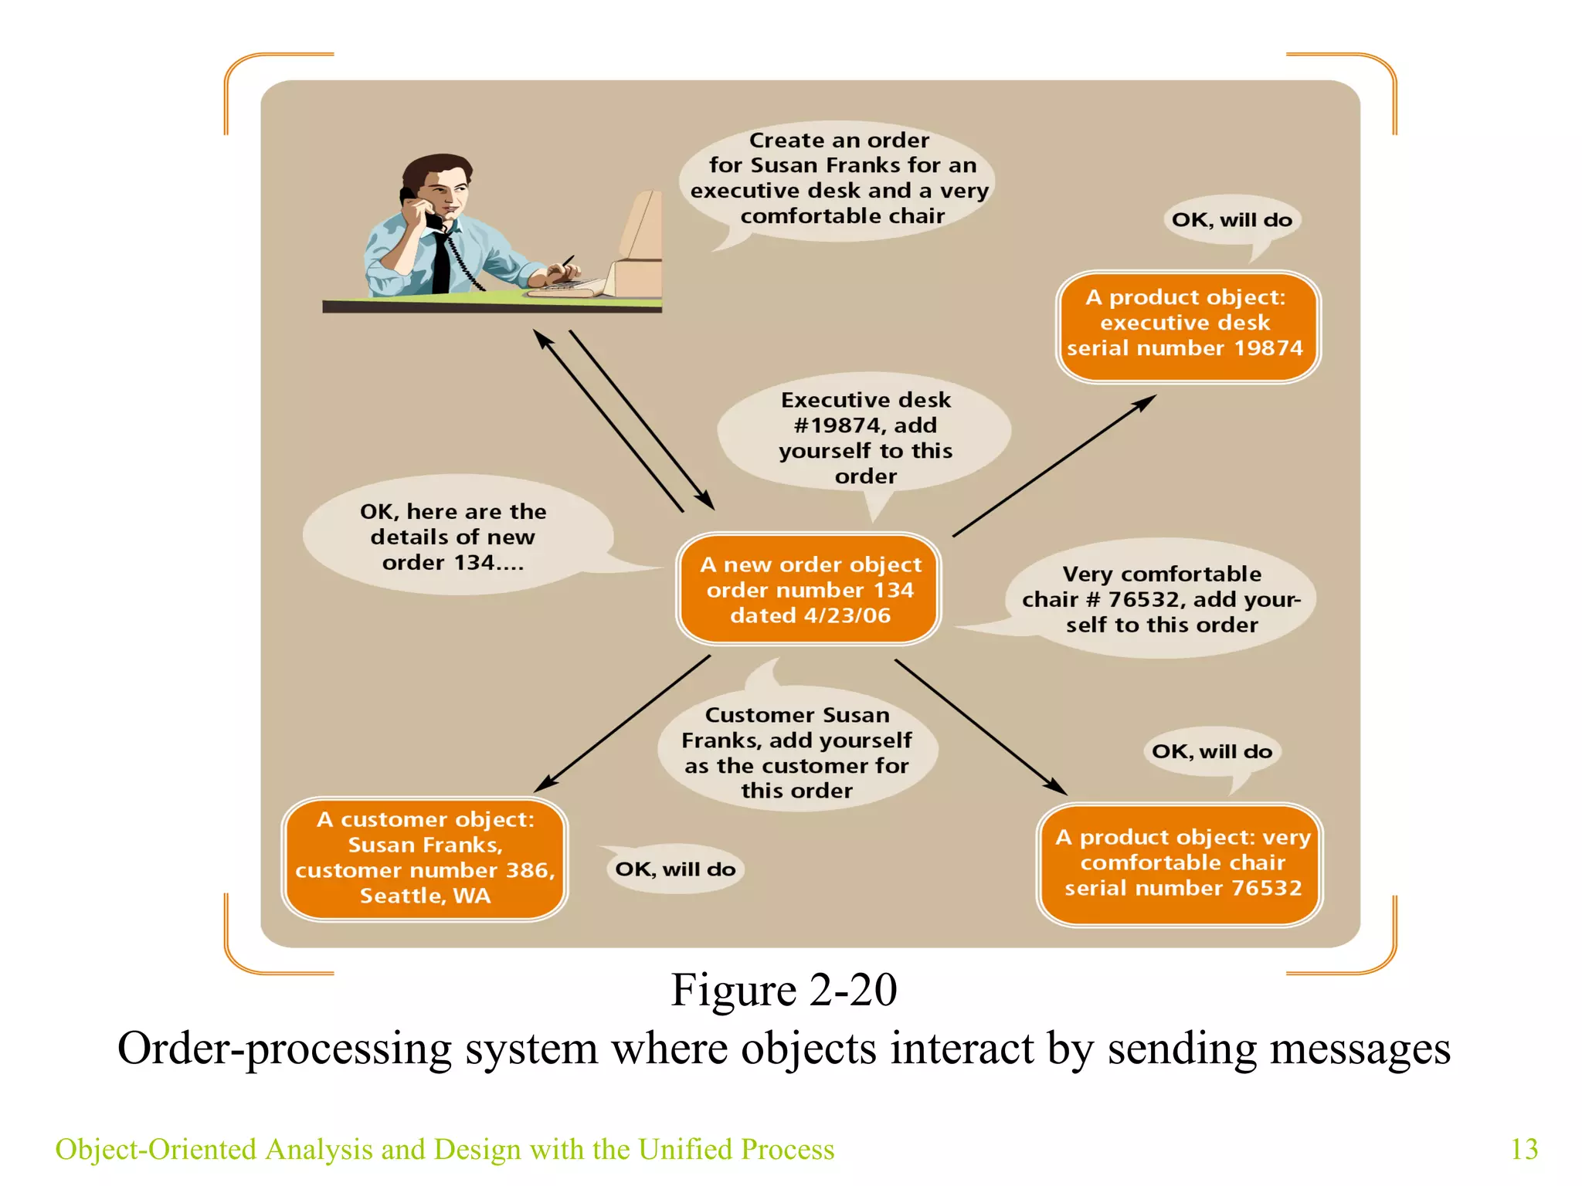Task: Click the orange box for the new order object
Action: coord(809,589)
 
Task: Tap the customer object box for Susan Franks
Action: coord(425,858)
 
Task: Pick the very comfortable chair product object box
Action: coord(1180,863)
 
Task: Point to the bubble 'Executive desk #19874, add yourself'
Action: coord(865,437)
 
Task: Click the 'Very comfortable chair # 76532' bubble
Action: coord(1161,599)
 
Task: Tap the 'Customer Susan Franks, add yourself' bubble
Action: coord(797,752)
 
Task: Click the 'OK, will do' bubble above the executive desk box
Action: coord(1231,220)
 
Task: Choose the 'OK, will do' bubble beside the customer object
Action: coord(675,869)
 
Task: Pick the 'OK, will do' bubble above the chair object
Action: coord(1211,751)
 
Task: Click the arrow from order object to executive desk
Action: coord(1054,466)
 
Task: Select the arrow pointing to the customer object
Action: coord(623,723)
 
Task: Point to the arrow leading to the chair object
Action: coord(981,727)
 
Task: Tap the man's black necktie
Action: coord(441,263)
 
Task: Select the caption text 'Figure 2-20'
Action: coord(783,991)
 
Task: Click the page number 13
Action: coord(1523,1149)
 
